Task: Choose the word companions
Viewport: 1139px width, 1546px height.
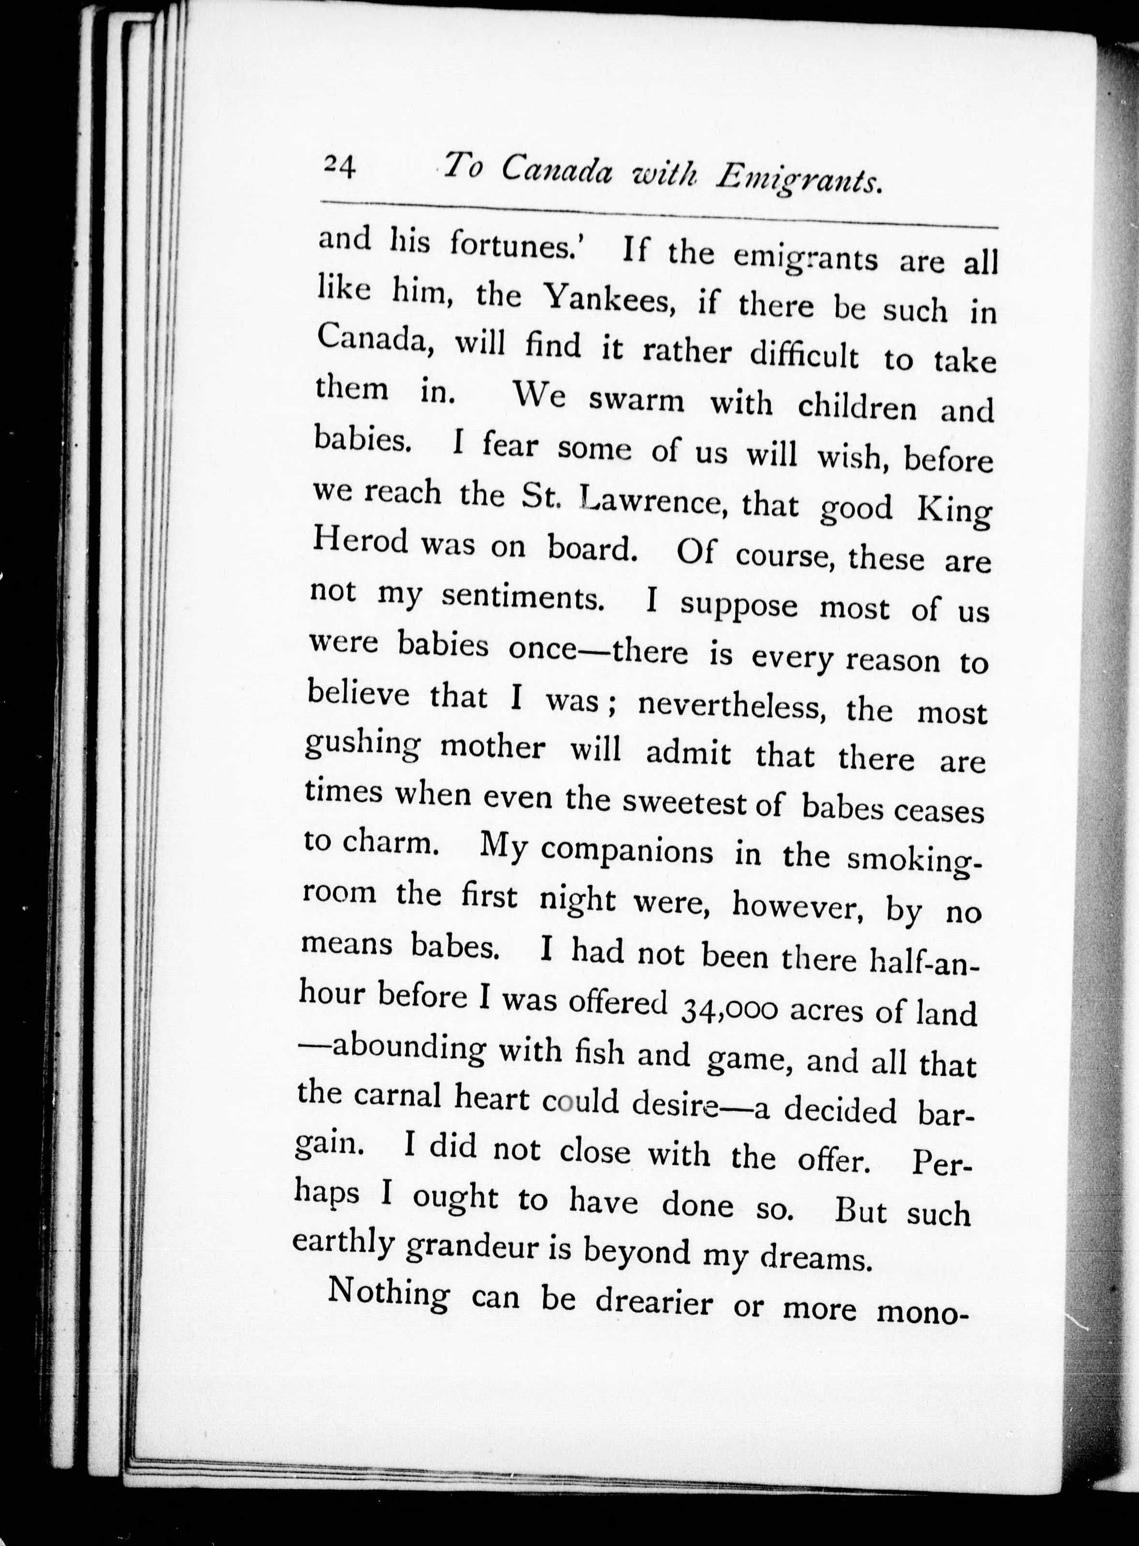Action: tap(627, 853)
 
